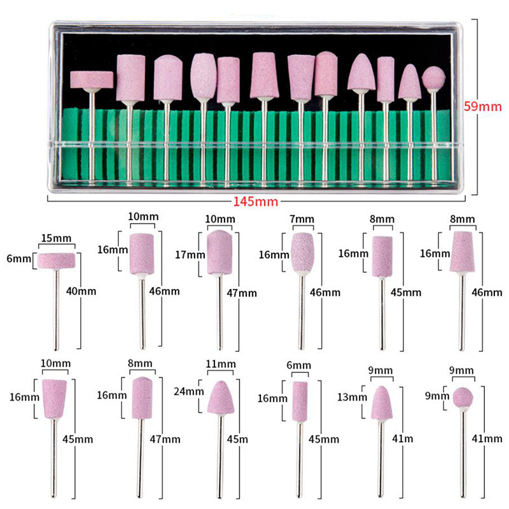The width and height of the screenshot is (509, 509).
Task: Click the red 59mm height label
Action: pos(482,106)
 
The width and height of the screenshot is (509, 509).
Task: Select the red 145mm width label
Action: pos(256,202)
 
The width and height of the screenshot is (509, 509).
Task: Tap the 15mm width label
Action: pos(56,238)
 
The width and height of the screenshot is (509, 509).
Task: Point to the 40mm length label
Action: pos(81,291)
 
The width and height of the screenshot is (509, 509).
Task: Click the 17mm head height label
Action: pos(190,254)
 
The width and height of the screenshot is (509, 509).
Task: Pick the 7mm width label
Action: pos(302,219)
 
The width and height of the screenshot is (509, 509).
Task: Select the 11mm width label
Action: pos(221,364)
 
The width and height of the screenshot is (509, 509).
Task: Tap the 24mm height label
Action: pos(188,391)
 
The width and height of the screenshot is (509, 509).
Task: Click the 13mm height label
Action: pos(352,396)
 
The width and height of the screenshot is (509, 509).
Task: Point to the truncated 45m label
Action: pos(237,439)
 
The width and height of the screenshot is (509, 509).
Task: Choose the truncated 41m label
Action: pos(403,438)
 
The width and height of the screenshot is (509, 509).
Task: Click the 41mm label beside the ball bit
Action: pos(487,438)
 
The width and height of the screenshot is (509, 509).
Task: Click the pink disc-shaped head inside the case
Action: pos(92,80)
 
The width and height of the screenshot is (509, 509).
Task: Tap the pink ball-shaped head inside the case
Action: pos(434,78)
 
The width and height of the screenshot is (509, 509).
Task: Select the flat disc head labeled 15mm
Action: pos(56,261)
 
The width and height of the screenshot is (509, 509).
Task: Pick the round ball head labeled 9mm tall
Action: pos(463,397)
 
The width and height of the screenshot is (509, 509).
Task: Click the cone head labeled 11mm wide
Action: pos(221,397)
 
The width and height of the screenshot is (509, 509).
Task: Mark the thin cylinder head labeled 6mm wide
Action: pos(300,401)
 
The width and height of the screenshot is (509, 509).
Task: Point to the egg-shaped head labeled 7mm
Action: pos(303,253)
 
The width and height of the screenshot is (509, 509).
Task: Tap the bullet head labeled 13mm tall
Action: pos(382,403)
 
